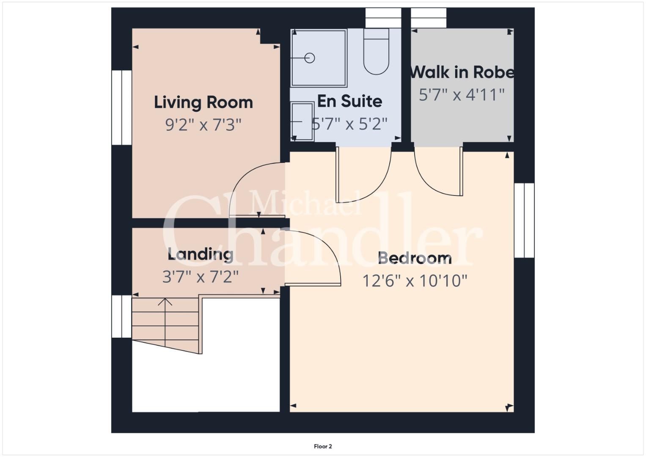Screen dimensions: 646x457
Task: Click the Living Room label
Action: coord(203,103)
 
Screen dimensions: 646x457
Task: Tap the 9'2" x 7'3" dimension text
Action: coord(203,125)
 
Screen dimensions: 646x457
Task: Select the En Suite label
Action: coord(349,101)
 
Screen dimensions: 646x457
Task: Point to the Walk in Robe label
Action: coord(462,72)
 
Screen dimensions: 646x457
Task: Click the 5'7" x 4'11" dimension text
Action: coord(462,95)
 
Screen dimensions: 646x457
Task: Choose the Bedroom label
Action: coord(415,258)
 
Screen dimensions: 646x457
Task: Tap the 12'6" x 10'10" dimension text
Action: coord(415,281)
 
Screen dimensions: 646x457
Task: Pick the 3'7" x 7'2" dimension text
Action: coord(201,277)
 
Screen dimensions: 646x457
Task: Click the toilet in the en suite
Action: coord(377,52)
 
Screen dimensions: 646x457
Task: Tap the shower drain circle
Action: coord(309,58)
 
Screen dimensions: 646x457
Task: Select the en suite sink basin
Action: coord(302,121)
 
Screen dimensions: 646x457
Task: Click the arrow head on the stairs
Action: coord(165,302)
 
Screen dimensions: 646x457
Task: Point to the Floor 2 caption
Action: coord(323,446)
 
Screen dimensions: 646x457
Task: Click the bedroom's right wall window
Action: coord(524,220)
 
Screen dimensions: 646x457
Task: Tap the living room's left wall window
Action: coord(122,107)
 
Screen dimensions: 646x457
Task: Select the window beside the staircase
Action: coord(122,317)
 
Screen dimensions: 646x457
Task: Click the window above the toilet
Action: coord(383,18)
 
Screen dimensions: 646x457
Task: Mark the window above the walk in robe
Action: coord(429,18)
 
